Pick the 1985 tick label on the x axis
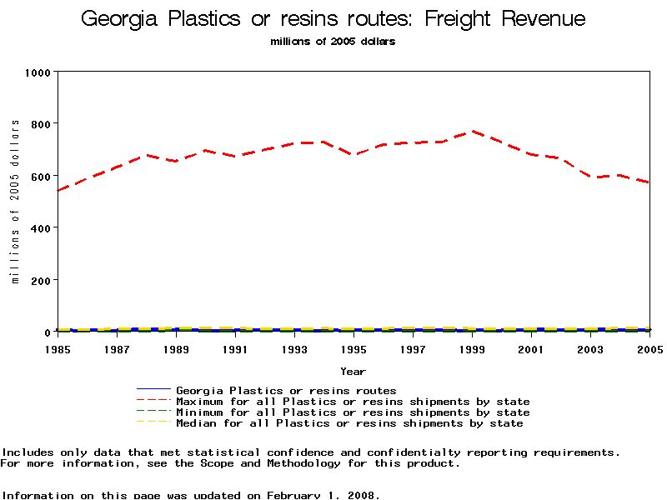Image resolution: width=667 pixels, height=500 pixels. point(57,349)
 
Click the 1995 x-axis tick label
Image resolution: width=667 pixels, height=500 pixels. point(354,349)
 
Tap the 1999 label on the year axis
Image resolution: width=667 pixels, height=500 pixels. point(472,349)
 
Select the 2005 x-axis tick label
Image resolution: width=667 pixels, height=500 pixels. point(649,349)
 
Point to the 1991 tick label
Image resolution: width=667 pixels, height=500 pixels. point(235,349)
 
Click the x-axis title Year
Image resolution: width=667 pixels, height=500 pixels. point(354,371)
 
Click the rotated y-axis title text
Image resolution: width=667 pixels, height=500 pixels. point(15,202)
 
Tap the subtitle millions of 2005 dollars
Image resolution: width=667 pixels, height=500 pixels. point(333,42)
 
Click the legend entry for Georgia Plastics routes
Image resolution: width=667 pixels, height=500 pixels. point(286,390)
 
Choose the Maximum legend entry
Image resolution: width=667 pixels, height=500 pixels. point(353,402)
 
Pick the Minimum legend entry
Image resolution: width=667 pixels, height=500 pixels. point(353,412)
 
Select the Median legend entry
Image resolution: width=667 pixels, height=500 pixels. point(349,423)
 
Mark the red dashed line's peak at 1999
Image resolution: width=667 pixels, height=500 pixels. point(473,131)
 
